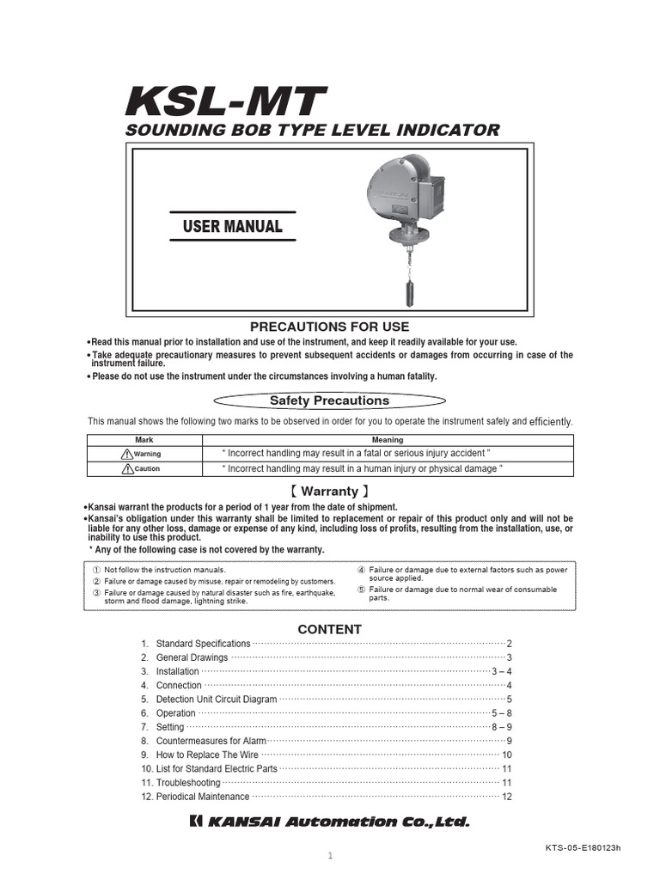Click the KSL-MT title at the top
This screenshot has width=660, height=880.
tap(226, 102)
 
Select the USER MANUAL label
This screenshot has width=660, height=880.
tap(232, 227)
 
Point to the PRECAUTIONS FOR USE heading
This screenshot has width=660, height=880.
tap(329, 327)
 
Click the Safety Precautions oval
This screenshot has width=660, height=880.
tap(329, 400)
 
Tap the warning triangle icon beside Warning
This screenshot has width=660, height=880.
tap(128, 454)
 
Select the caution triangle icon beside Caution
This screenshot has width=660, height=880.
tap(128, 469)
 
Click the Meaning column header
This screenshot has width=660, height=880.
tap(387, 440)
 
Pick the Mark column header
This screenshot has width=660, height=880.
tap(144, 440)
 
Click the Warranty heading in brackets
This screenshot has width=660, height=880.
tap(329, 492)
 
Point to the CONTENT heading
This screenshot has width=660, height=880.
tap(329, 629)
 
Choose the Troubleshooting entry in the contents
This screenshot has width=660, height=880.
tap(188, 783)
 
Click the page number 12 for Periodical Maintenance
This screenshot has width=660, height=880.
tap(507, 797)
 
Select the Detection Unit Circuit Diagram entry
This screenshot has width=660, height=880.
tap(217, 700)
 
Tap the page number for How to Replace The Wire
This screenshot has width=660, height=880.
tap(507, 755)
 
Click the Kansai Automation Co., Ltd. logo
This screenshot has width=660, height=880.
tap(329, 822)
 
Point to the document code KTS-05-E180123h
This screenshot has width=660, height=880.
tap(583, 846)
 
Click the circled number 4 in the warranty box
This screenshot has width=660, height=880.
tap(362, 570)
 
